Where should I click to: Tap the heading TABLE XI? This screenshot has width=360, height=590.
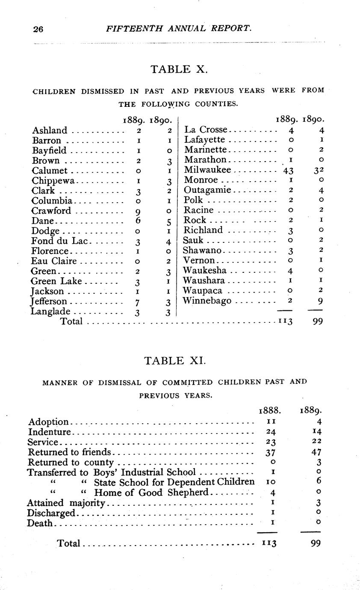(175, 360)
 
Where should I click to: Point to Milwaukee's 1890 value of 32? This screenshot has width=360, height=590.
(317, 170)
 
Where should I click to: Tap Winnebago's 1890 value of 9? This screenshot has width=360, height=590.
(318, 301)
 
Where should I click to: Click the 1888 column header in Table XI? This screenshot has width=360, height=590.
(269, 411)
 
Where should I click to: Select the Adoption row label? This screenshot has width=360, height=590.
(48, 422)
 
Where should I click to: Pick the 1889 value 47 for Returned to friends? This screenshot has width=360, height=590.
(316, 452)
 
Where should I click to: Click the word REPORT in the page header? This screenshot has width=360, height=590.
(229, 29)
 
